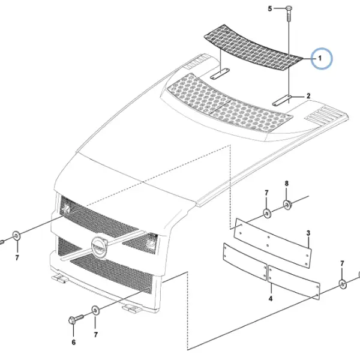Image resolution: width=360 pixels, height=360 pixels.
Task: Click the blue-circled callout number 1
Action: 320,58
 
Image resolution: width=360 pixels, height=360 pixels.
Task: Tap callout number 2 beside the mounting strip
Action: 308,96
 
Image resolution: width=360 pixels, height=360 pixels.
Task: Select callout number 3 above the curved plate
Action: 308,233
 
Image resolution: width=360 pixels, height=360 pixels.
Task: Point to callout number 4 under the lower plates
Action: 271,298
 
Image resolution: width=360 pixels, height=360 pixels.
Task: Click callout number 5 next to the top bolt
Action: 270,9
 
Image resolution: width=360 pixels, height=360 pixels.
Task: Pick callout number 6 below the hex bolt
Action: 73,342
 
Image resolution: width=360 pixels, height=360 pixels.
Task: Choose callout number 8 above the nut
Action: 287,184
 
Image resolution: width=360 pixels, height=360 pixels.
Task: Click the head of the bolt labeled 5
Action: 289,9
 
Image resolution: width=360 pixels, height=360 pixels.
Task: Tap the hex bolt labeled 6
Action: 76,319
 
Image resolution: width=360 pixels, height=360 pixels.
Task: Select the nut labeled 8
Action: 287,205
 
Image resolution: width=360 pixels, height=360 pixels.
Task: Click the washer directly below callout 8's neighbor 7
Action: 267,214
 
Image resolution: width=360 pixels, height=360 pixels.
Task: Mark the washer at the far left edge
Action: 17,236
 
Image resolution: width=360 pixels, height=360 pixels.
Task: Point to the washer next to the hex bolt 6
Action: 96,310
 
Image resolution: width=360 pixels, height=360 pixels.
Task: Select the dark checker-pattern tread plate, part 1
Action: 253,48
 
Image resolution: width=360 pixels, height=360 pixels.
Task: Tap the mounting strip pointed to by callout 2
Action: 282,101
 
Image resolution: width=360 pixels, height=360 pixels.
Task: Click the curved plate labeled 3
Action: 272,243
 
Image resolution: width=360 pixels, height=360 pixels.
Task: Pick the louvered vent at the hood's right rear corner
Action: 326,115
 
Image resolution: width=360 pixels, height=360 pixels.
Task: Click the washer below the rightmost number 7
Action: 343,284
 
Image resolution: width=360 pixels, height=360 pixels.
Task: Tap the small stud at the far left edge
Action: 1,242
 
